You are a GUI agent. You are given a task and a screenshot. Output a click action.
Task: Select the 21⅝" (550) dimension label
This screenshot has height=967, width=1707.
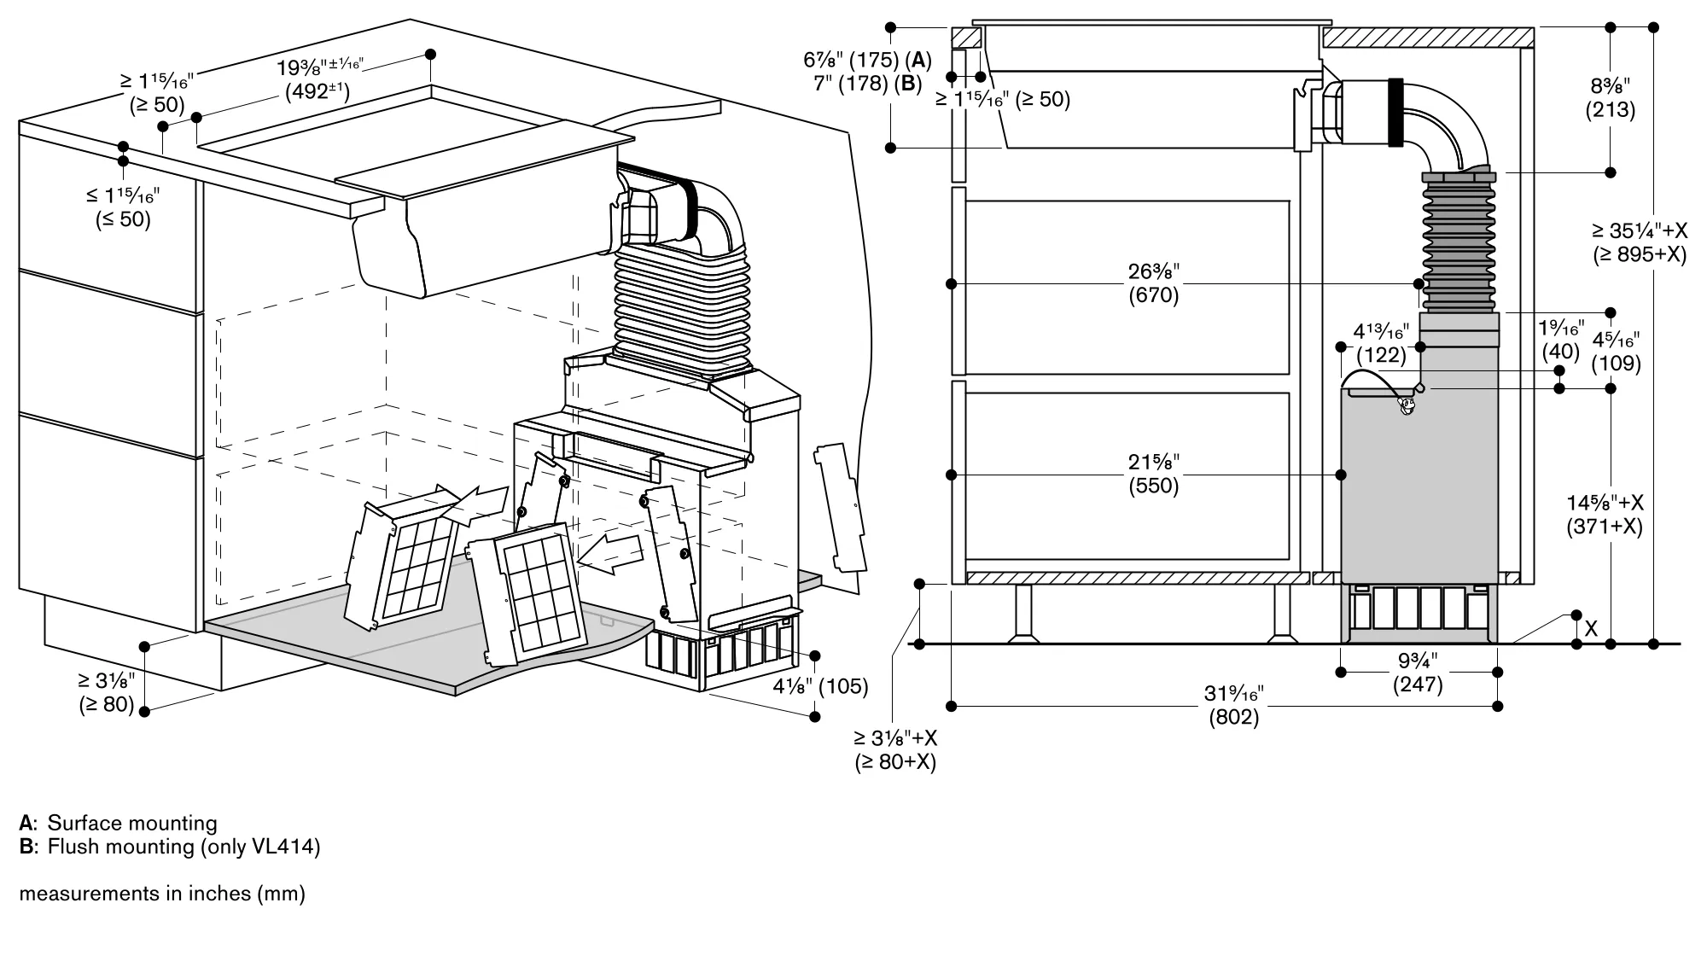click(1153, 475)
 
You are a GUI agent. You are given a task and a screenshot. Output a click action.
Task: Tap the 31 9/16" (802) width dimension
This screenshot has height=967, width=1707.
click(1233, 706)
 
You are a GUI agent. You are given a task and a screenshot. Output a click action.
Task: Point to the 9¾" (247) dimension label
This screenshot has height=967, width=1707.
click(1418, 673)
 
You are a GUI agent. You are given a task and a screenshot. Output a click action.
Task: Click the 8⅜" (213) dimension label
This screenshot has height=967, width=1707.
click(1611, 98)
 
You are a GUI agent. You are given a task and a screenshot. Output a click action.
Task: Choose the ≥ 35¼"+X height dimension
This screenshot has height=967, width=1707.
click(1640, 243)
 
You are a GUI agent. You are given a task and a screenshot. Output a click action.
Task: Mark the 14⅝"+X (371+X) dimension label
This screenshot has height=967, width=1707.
click(1604, 515)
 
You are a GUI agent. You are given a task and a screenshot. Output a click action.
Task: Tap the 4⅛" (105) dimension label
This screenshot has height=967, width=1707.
click(820, 686)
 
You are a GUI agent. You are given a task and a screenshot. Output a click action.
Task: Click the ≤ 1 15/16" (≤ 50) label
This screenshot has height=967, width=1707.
click(123, 207)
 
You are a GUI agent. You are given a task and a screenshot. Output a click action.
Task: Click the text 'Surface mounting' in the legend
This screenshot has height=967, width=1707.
click(132, 823)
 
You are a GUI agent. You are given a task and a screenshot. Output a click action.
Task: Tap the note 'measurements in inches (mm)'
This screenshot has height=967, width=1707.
click(162, 894)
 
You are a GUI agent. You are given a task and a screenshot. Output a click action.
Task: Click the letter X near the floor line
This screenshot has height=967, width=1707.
click(1591, 629)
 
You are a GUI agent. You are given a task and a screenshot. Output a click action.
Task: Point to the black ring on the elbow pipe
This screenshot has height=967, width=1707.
click(1396, 112)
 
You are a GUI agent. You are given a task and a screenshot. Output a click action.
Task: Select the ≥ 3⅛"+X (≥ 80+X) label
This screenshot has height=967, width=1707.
click(895, 749)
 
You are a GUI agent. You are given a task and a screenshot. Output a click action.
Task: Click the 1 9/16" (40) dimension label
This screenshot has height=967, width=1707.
click(1562, 339)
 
